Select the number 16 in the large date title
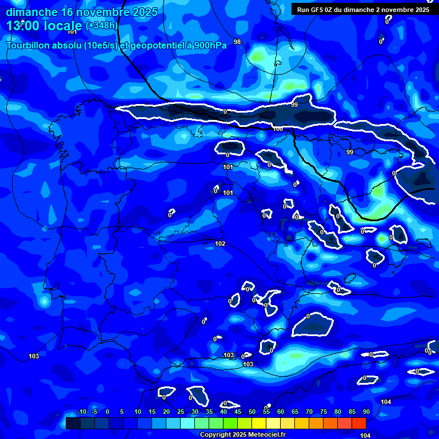(66, 12)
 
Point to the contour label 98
(237, 42)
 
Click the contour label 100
(278, 129)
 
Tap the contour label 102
(220, 244)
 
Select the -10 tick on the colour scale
(81, 412)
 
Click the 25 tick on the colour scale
(180, 412)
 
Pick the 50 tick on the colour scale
(252, 412)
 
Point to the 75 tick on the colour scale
(324, 412)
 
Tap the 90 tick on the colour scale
(366, 412)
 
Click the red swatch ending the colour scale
(359, 423)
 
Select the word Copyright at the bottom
(215, 435)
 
